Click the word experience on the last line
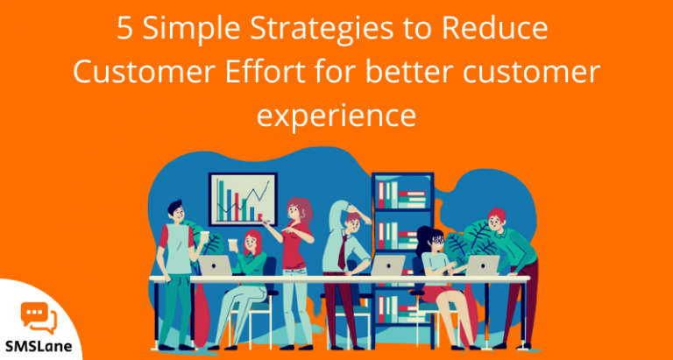point(336,116)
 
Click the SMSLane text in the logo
point(39,344)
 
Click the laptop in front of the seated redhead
point(214,266)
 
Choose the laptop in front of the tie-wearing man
point(387,265)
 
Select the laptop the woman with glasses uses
point(482,265)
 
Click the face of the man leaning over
point(497,221)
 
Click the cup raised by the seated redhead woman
point(234,244)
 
